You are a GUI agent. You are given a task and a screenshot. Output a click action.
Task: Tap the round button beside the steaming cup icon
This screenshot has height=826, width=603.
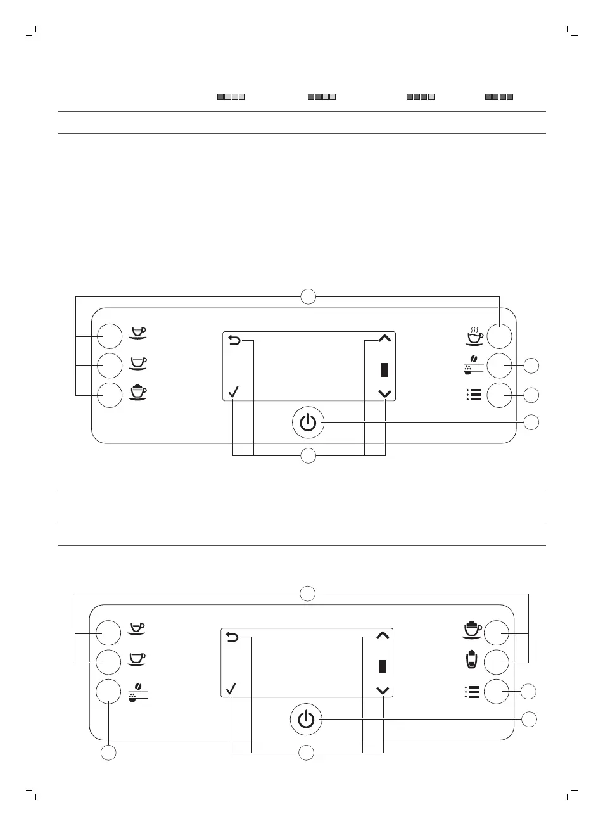pos(499,336)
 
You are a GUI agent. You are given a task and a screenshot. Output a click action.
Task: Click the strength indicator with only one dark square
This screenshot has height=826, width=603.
pos(231,98)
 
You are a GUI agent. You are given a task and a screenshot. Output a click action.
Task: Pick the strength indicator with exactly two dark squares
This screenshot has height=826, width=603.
pos(321,98)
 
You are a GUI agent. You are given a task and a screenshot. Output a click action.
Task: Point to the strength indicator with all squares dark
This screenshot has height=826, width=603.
pos(499,98)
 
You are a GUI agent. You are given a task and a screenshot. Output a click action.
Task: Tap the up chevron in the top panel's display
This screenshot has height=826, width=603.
pos(384,340)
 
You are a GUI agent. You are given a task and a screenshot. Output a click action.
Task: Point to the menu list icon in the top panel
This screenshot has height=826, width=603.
pos(473,395)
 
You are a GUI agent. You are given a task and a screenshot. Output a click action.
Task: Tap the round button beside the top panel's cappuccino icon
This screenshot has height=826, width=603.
pos(109,395)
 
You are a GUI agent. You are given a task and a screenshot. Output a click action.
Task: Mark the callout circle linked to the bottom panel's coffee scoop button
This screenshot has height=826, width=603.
pos(109,753)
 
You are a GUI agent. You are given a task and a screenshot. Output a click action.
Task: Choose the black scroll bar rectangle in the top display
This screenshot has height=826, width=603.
pos(384,370)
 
